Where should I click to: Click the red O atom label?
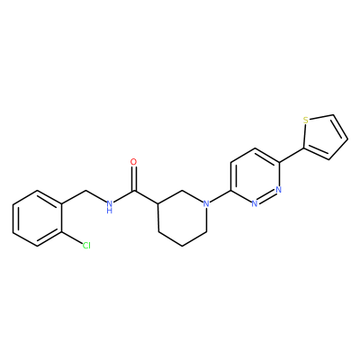[x=134, y=162]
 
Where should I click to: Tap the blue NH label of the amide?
[x=110, y=207]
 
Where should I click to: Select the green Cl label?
[x=86, y=246]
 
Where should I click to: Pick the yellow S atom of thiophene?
[x=306, y=121]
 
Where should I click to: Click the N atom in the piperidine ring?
[x=206, y=204]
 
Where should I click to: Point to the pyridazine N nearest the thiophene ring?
[x=279, y=190]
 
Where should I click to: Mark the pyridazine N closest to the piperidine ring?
[x=255, y=204]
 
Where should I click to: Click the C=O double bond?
[x=134, y=179]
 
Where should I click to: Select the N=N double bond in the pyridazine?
[x=266, y=197]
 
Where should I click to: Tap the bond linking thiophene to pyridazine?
[x=292, y=156]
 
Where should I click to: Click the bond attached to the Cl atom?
[x=72, y=238]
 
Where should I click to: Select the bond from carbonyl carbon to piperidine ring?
[x=146, y=197]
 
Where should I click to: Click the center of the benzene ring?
[x=38, y=218]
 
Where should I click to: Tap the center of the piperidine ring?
[x=183, y=218]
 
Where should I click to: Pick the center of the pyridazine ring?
[x=255, y=176]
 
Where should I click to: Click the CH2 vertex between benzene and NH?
[x=86, y=190]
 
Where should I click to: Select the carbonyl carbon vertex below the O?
[x=134, y=191]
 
